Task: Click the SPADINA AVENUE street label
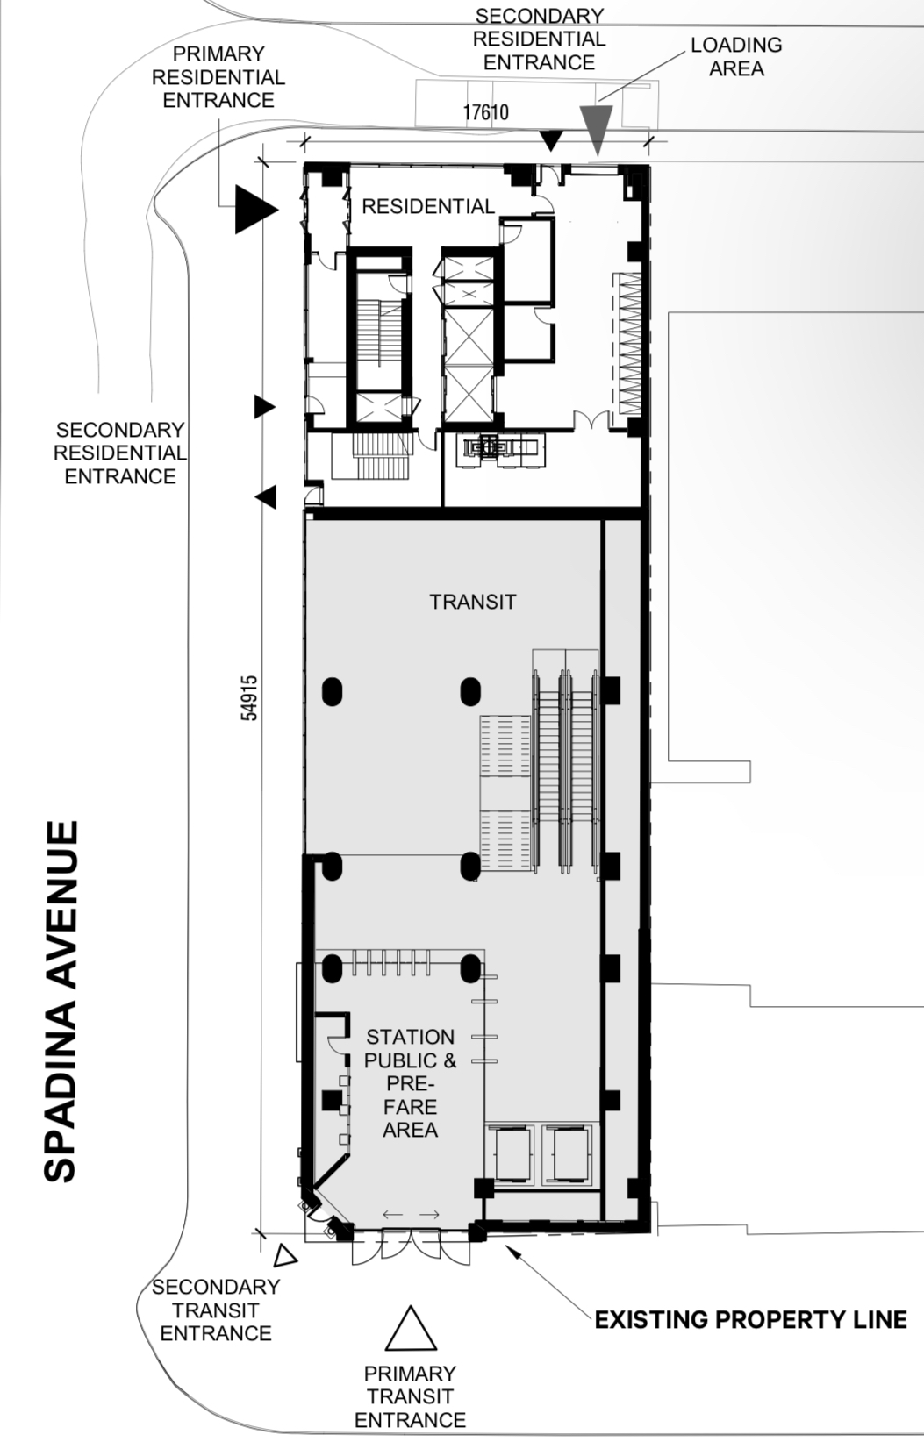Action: coord(61,1002)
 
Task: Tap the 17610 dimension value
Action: coord(485,112)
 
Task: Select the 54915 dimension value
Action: coord(249,698)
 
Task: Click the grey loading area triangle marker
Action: coord(596,130)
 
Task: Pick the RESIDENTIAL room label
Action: coord(428,207)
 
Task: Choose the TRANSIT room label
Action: coord(473,602)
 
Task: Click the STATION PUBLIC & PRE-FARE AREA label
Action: coord(410,1083)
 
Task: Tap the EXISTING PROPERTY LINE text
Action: coord(751,1320)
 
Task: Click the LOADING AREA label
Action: coord(736,57)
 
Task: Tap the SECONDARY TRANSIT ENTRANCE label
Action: coord(216,1310)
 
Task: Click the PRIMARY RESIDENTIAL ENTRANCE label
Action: coord(218,76)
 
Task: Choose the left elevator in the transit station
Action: coord(509,1155)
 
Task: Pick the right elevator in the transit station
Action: coord(568,1155)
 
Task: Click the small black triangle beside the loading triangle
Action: coord(551,140)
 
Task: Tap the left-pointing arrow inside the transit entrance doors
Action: coord(393,1215)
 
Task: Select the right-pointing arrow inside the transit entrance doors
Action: coord(429,1215)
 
